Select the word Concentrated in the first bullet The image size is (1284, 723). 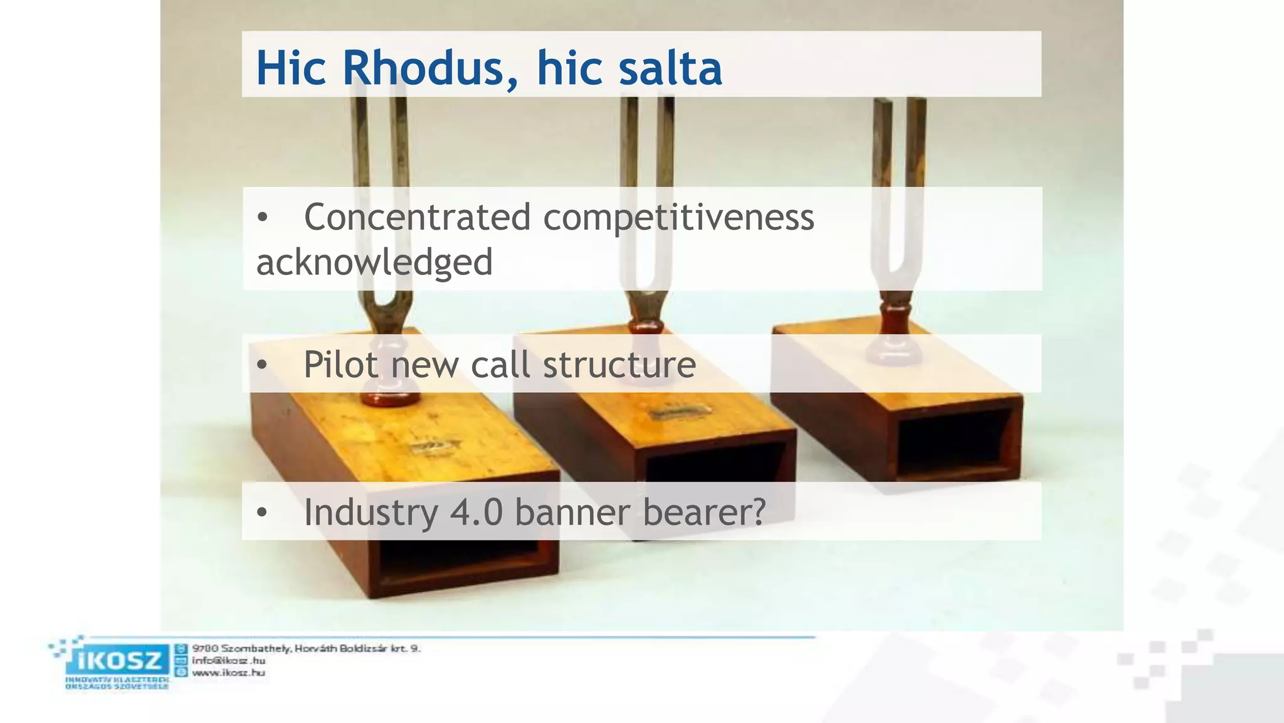pos(417,217)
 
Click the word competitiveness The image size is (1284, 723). pos(678,218)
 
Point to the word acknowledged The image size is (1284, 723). pos(374,262)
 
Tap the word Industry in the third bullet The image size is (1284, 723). pos(371,512)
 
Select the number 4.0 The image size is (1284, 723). pos(476,512)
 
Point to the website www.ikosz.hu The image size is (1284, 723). pos(228,673)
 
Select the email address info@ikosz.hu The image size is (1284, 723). pos(228,660)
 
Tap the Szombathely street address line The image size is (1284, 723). pos(306,648)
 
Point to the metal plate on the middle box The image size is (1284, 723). pos(680,412)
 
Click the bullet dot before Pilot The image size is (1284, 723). pos(262,365)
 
